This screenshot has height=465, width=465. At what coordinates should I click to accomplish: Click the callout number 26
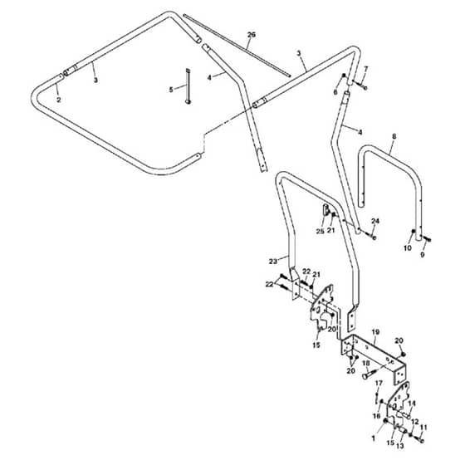point(251,35)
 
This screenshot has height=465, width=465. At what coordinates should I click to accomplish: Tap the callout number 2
point(59,100)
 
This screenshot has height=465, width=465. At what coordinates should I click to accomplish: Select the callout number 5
point(171,90)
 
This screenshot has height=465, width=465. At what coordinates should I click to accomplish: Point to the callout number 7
point(366,69)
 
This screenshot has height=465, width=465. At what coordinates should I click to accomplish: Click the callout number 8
point(394,137)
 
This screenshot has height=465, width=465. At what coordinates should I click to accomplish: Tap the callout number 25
point(320,232)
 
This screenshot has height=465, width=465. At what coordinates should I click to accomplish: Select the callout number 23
point(273,262)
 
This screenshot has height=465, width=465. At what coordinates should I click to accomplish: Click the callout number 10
point(408,248)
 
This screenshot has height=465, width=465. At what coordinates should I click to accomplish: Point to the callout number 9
point(423,254)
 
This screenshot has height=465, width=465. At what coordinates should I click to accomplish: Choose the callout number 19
point(375,332)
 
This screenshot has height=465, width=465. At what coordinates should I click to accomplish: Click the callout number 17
point(379,384)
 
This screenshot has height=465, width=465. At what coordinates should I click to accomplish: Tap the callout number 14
point(412,404)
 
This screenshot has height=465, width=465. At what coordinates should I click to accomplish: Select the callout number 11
point(423,428)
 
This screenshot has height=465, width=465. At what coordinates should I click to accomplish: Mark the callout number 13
point(400,446)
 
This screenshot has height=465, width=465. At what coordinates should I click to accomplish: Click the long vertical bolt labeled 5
point(188,86)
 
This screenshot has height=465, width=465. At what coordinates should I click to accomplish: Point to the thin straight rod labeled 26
point(237,46)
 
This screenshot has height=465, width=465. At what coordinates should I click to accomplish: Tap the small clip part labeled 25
point(325,210)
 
